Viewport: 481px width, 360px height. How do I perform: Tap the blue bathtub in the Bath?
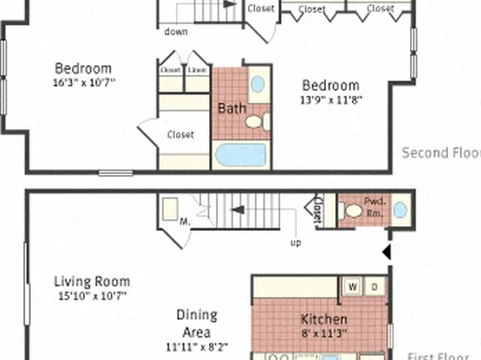coord(240,155)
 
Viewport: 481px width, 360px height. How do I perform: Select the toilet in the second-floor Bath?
coord(254,123)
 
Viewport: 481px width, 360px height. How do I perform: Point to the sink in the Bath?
coord(258,83)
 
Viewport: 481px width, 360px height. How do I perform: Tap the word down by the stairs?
coord(176,32)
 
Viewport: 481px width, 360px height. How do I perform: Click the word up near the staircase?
coord(295,241)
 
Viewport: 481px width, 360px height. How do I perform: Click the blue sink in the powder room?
coord(400,210)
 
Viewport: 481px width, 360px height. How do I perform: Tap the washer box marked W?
coord(353,286)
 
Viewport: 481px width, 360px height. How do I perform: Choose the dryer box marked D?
coord(374,286)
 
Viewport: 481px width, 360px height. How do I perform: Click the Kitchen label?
coord(324,319)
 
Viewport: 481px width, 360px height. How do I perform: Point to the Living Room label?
coord(92,282)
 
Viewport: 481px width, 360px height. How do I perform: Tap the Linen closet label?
coord(197,70)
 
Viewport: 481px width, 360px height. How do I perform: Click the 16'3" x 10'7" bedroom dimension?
coord(84,82)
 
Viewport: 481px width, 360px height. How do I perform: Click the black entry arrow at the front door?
coord(386,253)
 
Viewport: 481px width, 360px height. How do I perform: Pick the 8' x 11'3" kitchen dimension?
coord(324,332)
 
